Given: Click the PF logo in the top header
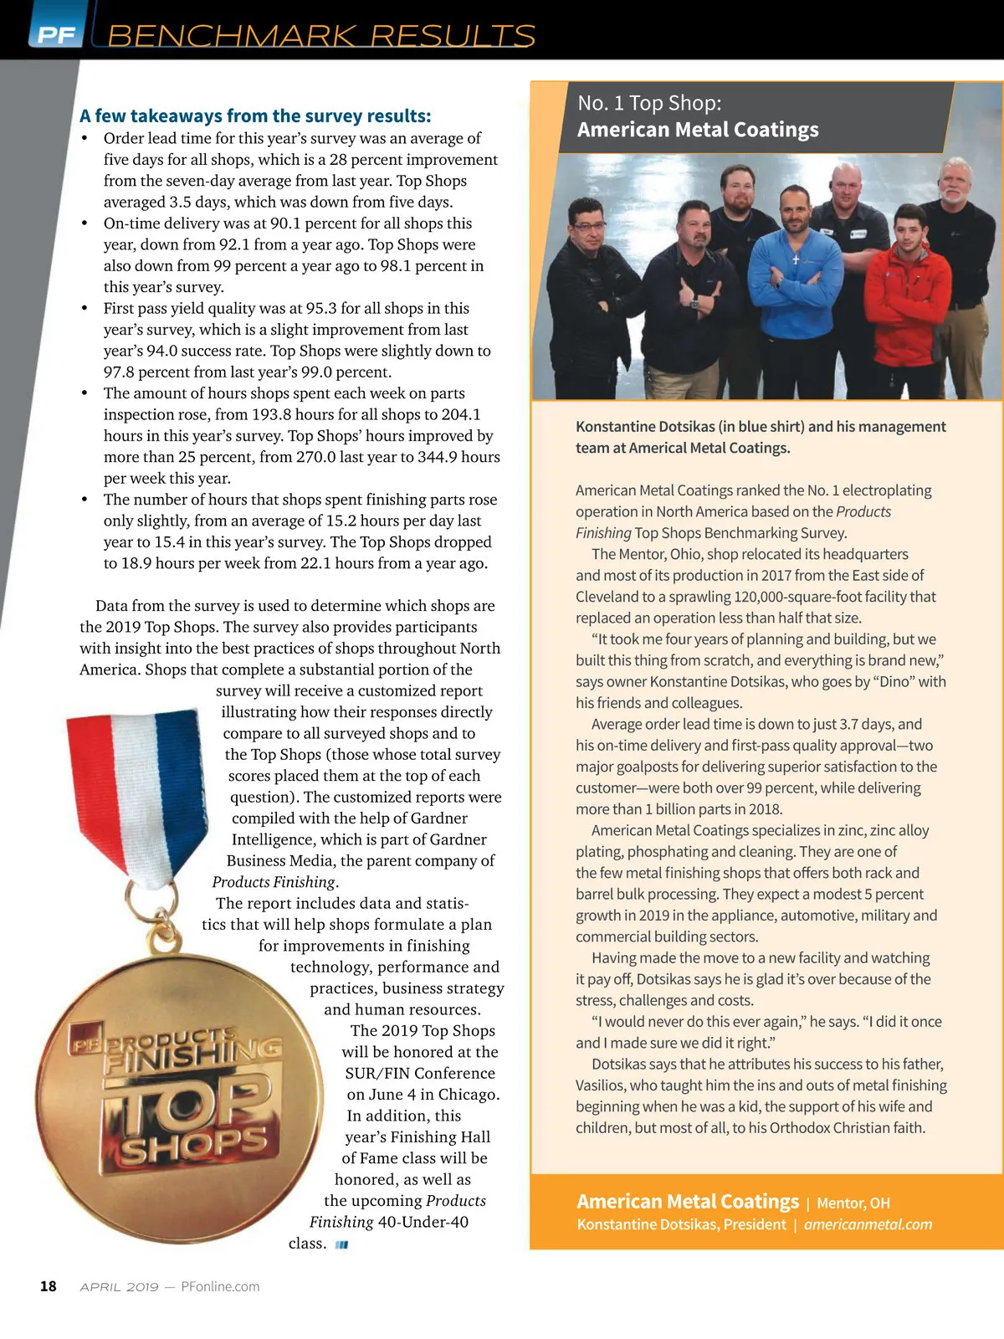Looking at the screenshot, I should pyautogui.click(x=55, y=33).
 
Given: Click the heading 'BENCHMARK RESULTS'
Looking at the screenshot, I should pyautogui.click(x=321, y=36).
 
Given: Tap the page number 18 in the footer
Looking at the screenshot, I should pyautogui.click(x=49, y=1286).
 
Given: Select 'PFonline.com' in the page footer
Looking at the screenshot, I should pyautogui.click(x=220, y=1286).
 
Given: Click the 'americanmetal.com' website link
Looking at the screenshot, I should pyautogui.click(x=868, y=1224).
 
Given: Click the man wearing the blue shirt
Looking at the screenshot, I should pyautogui.click(x=793, y=268).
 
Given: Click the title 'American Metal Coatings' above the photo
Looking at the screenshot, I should pyautogui.click(x=698, y=130).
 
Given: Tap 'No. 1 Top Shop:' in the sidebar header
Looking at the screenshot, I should pyautogui.click(x=649, y=103).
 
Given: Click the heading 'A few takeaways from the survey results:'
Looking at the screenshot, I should pyautogui.click(x=255, y=115).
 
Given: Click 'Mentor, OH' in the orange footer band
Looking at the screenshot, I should pyautogui.click(x=853, y=1203).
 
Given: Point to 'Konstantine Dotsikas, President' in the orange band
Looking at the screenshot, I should pyautogui.click(x=681, y=1224).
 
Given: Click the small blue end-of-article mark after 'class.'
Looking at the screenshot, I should pyautogui.click(x=341, y=1244).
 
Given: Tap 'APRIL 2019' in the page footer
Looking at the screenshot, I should pyautogui.click(x=119, y=1286).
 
